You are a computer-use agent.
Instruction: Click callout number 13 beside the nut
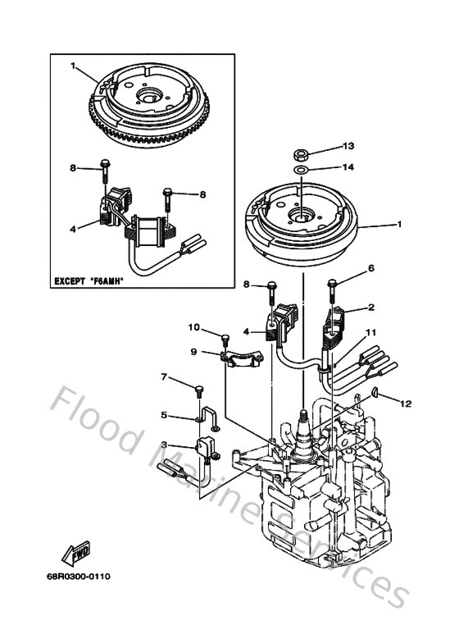[348, 145]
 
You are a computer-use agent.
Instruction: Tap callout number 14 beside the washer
[348, 166]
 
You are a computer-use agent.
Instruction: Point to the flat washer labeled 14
[302, 171]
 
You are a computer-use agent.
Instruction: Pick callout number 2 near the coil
[370, 308]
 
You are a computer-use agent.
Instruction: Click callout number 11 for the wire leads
[370, 333]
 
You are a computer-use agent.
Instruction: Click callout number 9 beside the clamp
[194, 351]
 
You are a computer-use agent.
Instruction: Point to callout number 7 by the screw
[164, 377]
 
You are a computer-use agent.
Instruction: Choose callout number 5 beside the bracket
[164, 415]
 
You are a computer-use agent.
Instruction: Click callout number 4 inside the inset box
[73, 229]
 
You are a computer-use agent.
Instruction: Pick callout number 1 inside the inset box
[73, 65]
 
